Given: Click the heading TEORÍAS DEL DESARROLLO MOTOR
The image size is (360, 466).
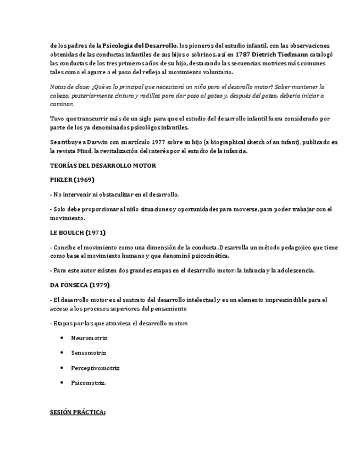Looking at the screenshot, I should tap(103, 165).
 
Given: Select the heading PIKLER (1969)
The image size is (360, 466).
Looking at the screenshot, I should tap(72, 180).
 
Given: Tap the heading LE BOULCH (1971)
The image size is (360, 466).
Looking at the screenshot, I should tap(77, 232).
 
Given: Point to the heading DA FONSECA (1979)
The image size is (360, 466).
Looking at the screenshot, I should tap(80, 285).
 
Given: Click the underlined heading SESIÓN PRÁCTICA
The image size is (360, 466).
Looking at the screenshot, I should tap(77, 412).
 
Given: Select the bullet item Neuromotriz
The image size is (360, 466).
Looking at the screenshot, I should tap(89, 338).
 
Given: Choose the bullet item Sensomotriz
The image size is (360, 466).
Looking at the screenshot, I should tap(88, 353).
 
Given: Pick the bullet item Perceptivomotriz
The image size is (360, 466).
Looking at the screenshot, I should tap(95, 368).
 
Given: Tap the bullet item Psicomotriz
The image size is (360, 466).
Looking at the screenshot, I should tap(88, 383).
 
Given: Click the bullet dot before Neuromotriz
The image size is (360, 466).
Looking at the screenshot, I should tap(62, 338).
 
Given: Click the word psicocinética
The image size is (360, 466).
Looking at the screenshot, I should tap(211, 256).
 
